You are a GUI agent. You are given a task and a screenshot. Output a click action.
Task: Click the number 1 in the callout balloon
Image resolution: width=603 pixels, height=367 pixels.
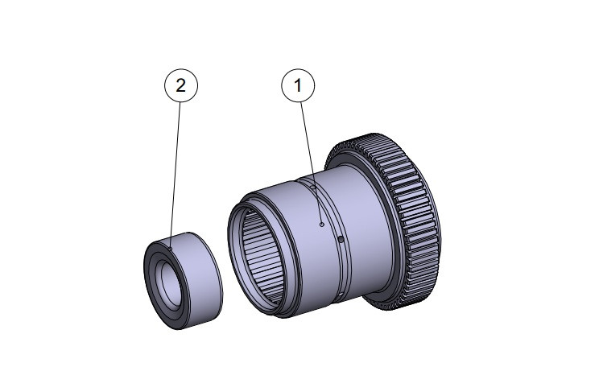click(x=299, y=85)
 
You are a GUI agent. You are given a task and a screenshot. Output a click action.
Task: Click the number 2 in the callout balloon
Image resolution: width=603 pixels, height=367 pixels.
click(x=180, y=85)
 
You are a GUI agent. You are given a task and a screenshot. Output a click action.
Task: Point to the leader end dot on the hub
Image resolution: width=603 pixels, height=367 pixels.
click(x=321, y=226)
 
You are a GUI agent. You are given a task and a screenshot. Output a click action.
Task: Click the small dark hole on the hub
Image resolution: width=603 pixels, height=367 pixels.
click(x=341, y=240)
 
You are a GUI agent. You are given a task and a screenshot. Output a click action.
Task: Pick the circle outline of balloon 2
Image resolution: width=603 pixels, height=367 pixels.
click(x=165, y=85)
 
